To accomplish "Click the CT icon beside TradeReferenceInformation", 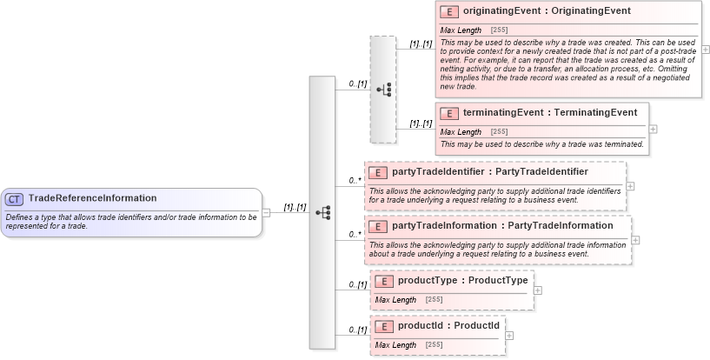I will (16, 198).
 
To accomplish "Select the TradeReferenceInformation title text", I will (92, 198).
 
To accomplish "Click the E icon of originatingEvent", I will (450, 11).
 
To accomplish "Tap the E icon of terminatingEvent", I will (450, 113).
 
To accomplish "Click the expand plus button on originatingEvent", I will (705, 50).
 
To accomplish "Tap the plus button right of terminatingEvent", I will (654, 129).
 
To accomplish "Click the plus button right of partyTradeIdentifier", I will (630, 185).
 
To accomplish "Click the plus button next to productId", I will (509, 335).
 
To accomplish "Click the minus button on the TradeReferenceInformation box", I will (266, 212).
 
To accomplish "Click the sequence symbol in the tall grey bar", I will (322, 212).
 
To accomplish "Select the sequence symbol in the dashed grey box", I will (383, 89).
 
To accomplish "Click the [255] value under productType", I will (434, 300).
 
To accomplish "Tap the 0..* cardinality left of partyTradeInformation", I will (355, 234).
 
